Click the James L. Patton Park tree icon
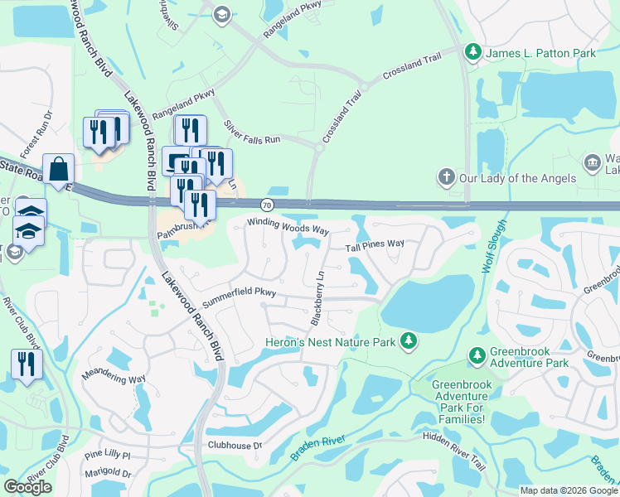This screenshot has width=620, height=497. click(473, 53)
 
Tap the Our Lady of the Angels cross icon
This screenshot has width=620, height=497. click(446, 178)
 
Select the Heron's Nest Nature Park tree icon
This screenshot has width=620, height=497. click(408, 341)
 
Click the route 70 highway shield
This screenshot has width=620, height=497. click(266, 204)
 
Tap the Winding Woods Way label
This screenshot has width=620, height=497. click(288, 225)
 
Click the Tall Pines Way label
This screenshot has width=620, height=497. click(375, 244)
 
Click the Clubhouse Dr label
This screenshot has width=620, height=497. click(234, 445)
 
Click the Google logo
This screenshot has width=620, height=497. click(27, 487)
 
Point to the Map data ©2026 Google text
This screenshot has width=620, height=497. click(568, 490)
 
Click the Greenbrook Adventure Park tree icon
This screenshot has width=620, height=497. click(477, 356)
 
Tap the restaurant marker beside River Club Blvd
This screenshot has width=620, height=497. click(27, 364)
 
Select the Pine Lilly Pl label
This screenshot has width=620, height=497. click(108, 455)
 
